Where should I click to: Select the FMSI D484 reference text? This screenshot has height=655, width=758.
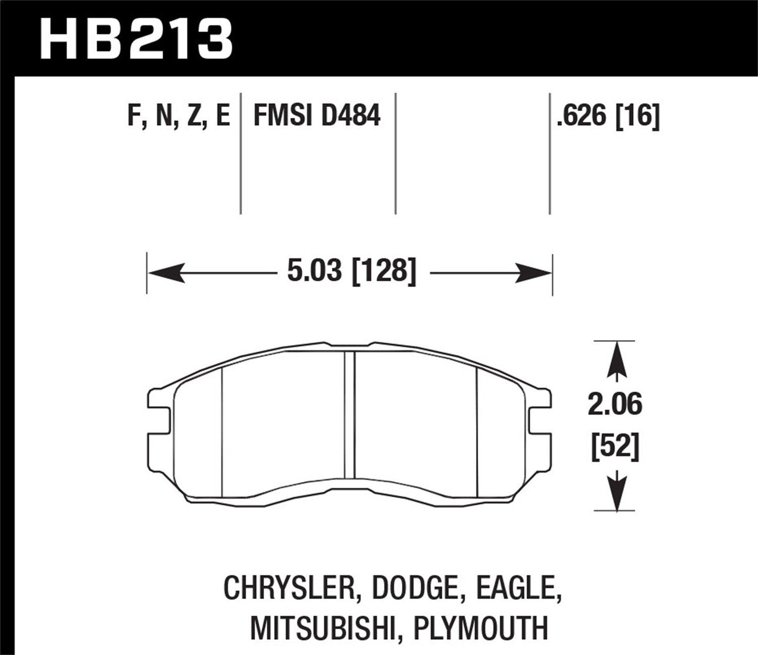[316, 115]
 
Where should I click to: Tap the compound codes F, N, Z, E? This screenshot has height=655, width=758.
[178, 116]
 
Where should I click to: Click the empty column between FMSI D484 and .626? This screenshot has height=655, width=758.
[472, 152]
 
